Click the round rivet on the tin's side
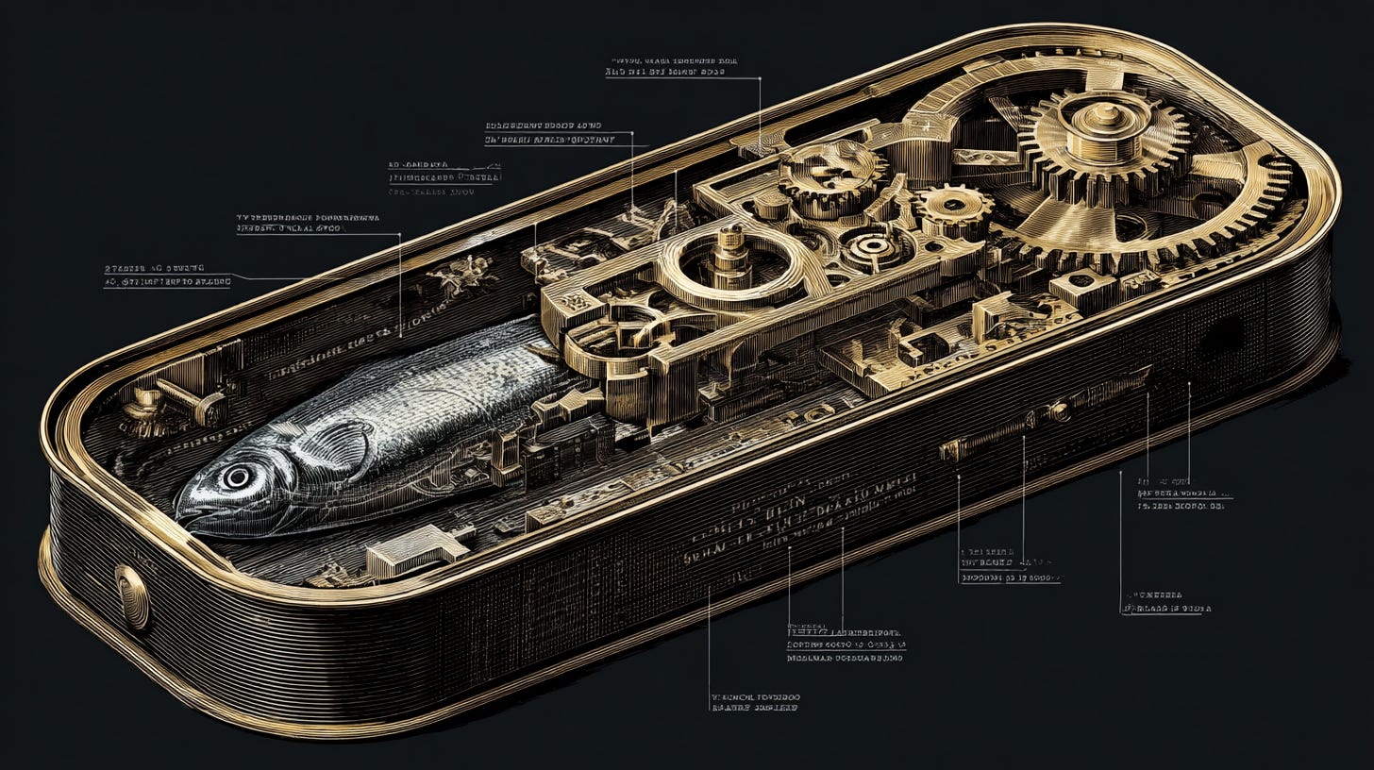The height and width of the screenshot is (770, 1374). tap(132, 596)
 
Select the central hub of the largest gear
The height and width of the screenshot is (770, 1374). tap(1104, 121)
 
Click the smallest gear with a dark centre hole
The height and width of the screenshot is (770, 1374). tap(953, 206)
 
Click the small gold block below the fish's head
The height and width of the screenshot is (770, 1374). tap(415, 552)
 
